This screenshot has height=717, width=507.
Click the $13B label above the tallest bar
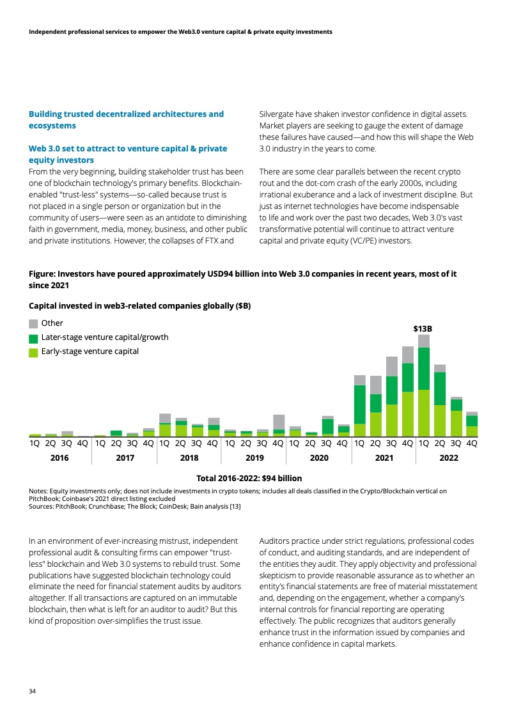point(423,328)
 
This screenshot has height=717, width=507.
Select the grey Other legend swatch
point(34,323)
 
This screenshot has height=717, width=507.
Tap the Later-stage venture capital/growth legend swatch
point(34,337)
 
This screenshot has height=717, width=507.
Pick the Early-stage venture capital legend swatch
point(34,351)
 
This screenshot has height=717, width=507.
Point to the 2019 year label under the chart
point(254,458)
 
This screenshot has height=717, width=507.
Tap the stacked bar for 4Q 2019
point(279,425)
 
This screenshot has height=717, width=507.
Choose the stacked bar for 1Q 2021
point(360,405)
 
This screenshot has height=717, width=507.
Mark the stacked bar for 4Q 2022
point(472,424)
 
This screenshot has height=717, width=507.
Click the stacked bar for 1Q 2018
point(165,425)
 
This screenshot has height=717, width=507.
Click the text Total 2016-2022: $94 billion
point(249,478)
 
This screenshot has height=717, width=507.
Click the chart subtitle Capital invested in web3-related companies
point(140,306)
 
